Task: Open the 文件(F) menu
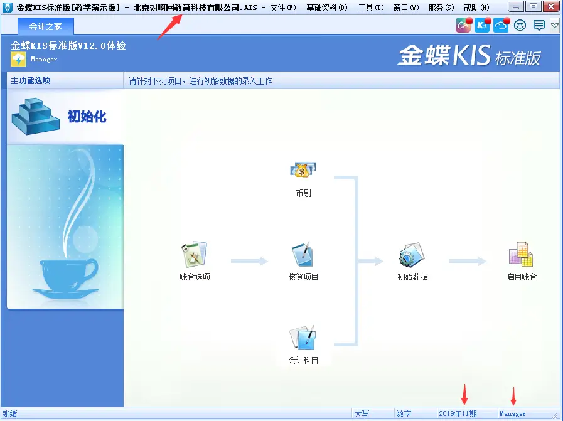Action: tap(282, 8)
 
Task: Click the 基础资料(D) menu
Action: tap(326, 8)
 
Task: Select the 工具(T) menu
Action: tap(370, 8)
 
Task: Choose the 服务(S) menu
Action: tap(441, 8)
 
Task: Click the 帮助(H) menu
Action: tap(476, 8)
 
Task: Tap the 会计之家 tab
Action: tap(45, 26)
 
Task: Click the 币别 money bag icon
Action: tap(303, 169)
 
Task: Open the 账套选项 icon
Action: tap(195, 255)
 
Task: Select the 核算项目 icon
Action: tap(303, 255)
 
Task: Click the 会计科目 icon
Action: tap(303, 338)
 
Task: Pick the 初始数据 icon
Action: tap(412, 255)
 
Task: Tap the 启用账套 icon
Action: tap(522, 255)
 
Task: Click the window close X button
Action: tap(550, 7)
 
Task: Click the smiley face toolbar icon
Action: tap(520, 25)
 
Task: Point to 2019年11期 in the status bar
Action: tap(458, 413)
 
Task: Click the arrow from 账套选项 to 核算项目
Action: tap(249, 261)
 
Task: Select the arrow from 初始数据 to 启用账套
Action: tap(468, 261)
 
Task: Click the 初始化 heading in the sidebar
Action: tap(87, 116)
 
